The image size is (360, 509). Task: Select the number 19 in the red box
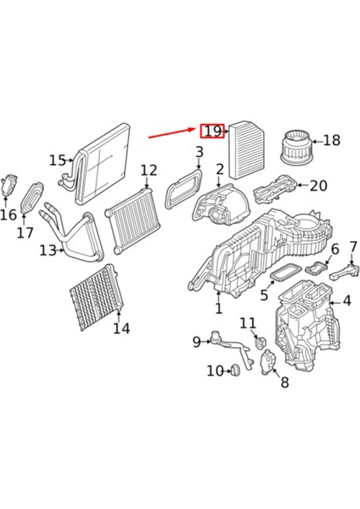click(212, 131)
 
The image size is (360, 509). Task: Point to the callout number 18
click(332, 140)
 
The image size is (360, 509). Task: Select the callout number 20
click(318, 186)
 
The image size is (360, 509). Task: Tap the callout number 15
click(58, 159)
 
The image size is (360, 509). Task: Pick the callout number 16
click(8, 215)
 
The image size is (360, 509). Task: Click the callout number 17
click(25, 232)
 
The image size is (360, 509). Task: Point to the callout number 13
click(48, 249)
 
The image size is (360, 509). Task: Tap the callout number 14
click(121, 328)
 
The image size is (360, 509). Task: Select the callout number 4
click(346, 300)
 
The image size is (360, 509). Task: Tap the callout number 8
click(284, 383)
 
